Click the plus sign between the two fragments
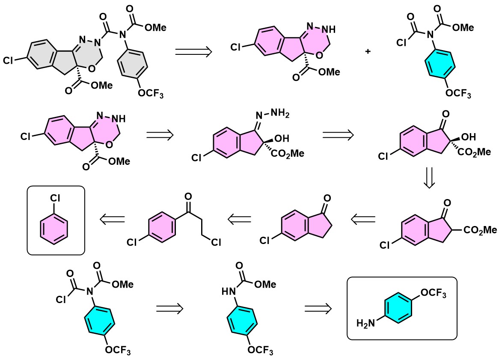coord(367,51)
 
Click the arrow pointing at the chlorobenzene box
coord(112,220)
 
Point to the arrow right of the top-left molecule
coord(194,52)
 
